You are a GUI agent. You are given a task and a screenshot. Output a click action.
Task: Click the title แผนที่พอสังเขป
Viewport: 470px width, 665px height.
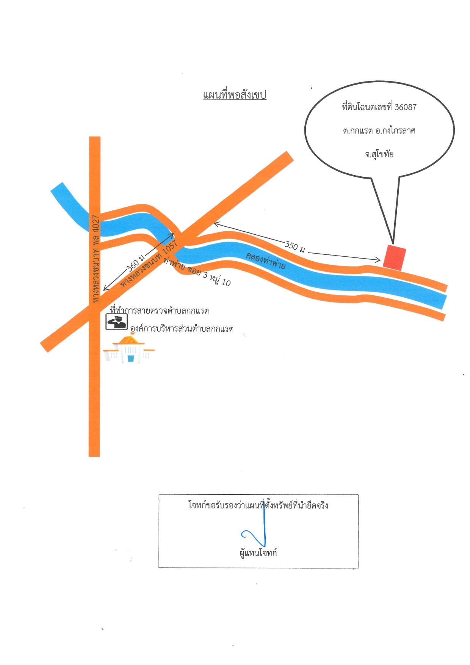(x=235, y=95)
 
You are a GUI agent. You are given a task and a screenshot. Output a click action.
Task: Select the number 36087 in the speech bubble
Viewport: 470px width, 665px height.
(x=406, y=107)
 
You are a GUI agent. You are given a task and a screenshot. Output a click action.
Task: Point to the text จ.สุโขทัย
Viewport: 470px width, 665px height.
(x=379, y=154)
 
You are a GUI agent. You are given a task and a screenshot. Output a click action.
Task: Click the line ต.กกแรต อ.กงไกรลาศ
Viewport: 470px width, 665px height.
(x=379, y=131)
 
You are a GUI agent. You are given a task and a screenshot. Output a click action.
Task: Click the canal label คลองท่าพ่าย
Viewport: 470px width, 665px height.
(x=266, y=260)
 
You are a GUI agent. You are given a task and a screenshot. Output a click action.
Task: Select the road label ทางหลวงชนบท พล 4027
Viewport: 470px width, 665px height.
(x=96, y=259)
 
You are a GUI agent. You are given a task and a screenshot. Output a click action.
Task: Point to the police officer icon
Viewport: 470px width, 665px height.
(x=116, y=322)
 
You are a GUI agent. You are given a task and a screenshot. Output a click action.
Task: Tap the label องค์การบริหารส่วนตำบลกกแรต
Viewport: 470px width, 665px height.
(x=182, y=329)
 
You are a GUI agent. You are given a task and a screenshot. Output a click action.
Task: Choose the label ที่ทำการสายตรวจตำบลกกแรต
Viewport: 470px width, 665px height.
(x=159, y=311)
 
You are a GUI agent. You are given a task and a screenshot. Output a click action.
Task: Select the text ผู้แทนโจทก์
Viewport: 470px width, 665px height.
(x=258, y=553)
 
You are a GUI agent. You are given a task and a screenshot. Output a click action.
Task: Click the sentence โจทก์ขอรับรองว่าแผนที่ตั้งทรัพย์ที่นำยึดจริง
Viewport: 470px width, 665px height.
(x=258, y=505)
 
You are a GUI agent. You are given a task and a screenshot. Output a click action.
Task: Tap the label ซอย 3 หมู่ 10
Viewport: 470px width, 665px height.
(x=209, y=276)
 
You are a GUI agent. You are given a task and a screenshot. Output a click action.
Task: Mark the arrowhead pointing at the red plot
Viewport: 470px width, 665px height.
(x=377, y=260)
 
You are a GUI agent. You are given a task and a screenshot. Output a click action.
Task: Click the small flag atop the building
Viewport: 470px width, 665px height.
(x=132, y=334)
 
